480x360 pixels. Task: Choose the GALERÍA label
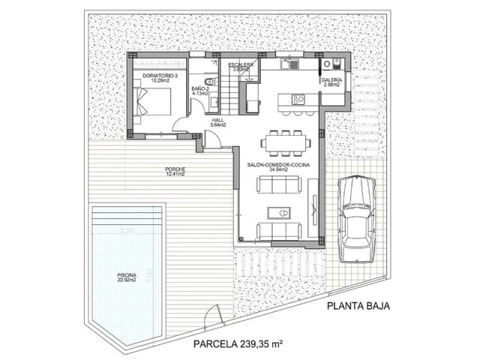point(331,80)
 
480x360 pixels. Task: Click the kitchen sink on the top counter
point(286,66)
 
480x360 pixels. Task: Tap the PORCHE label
point(175,169)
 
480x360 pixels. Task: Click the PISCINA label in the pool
point(127,275)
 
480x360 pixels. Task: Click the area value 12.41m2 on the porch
point(175,175)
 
